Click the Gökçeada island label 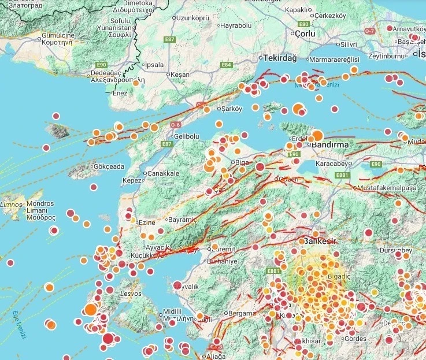pyautogui.click(x=109, y=166)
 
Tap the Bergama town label pyautogui.click(x=242, y=313)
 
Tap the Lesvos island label pyautogui.click(x=129, y=294)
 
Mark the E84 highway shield pyautogui.click(x=227, y=65)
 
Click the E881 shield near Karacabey pyautogui.click(x=342, y=175)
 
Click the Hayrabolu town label pyautogui.click(x=237, y=26)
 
